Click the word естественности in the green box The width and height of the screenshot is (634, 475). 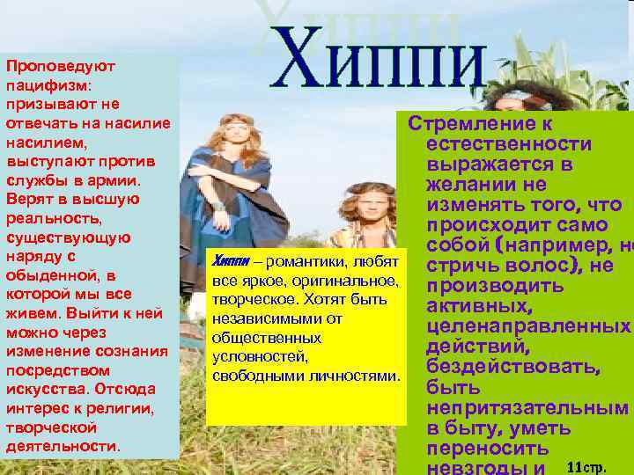(508, 144)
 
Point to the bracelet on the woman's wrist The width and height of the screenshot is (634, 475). (217, 209)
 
